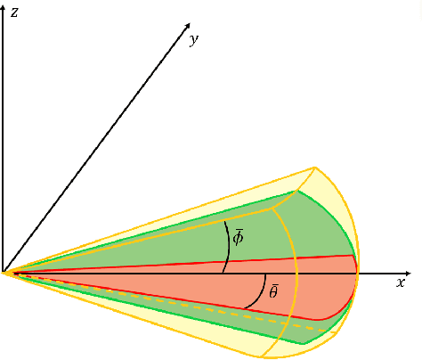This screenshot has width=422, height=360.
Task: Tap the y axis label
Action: pos(193,39)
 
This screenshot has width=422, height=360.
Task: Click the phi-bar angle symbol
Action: pos(239,236)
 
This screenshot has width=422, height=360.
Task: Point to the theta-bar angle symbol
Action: pos(273,291)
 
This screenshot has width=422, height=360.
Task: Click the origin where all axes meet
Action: pos(4,272)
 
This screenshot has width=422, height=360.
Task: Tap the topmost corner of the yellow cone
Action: pos(315,167)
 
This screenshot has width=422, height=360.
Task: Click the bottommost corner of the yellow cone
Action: pos(264,356)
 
